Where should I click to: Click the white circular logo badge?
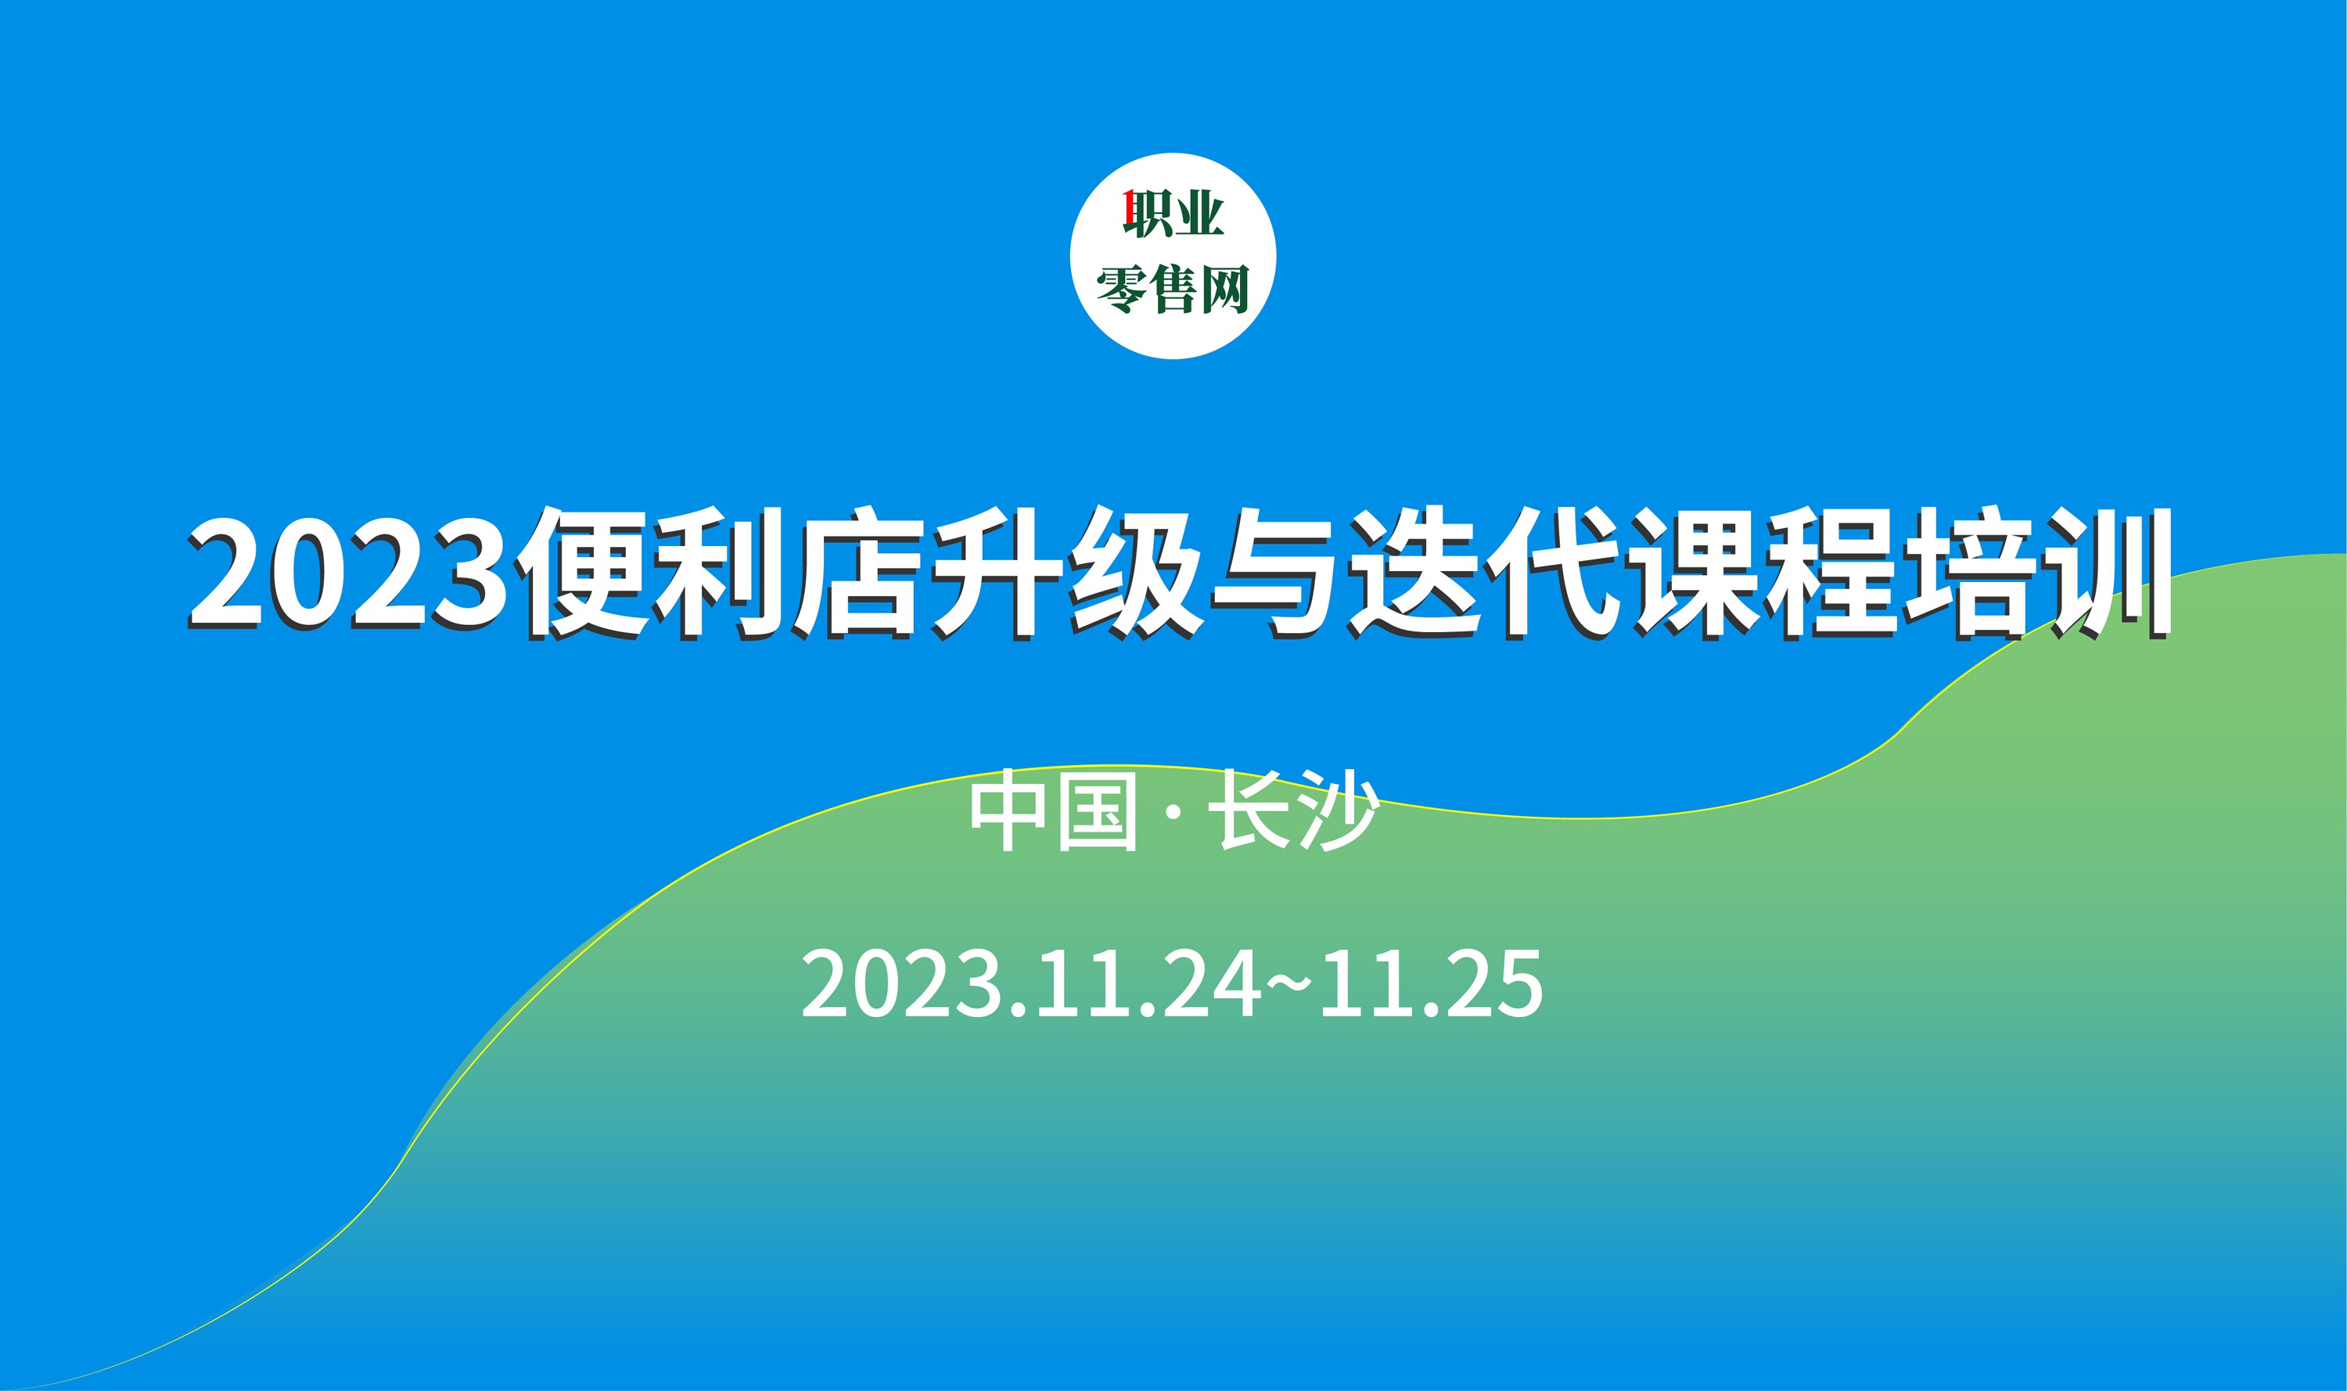pyautogui.click(x=1173, y=256)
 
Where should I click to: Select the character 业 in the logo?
pyautogui.click(x=1201, y=212)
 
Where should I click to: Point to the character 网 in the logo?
pyautogui.click(x=1225, y=289)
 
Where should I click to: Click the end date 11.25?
pyautogui.click(x=1430, y=983)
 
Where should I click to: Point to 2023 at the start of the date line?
pyautogui.click(x=899, y=983)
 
